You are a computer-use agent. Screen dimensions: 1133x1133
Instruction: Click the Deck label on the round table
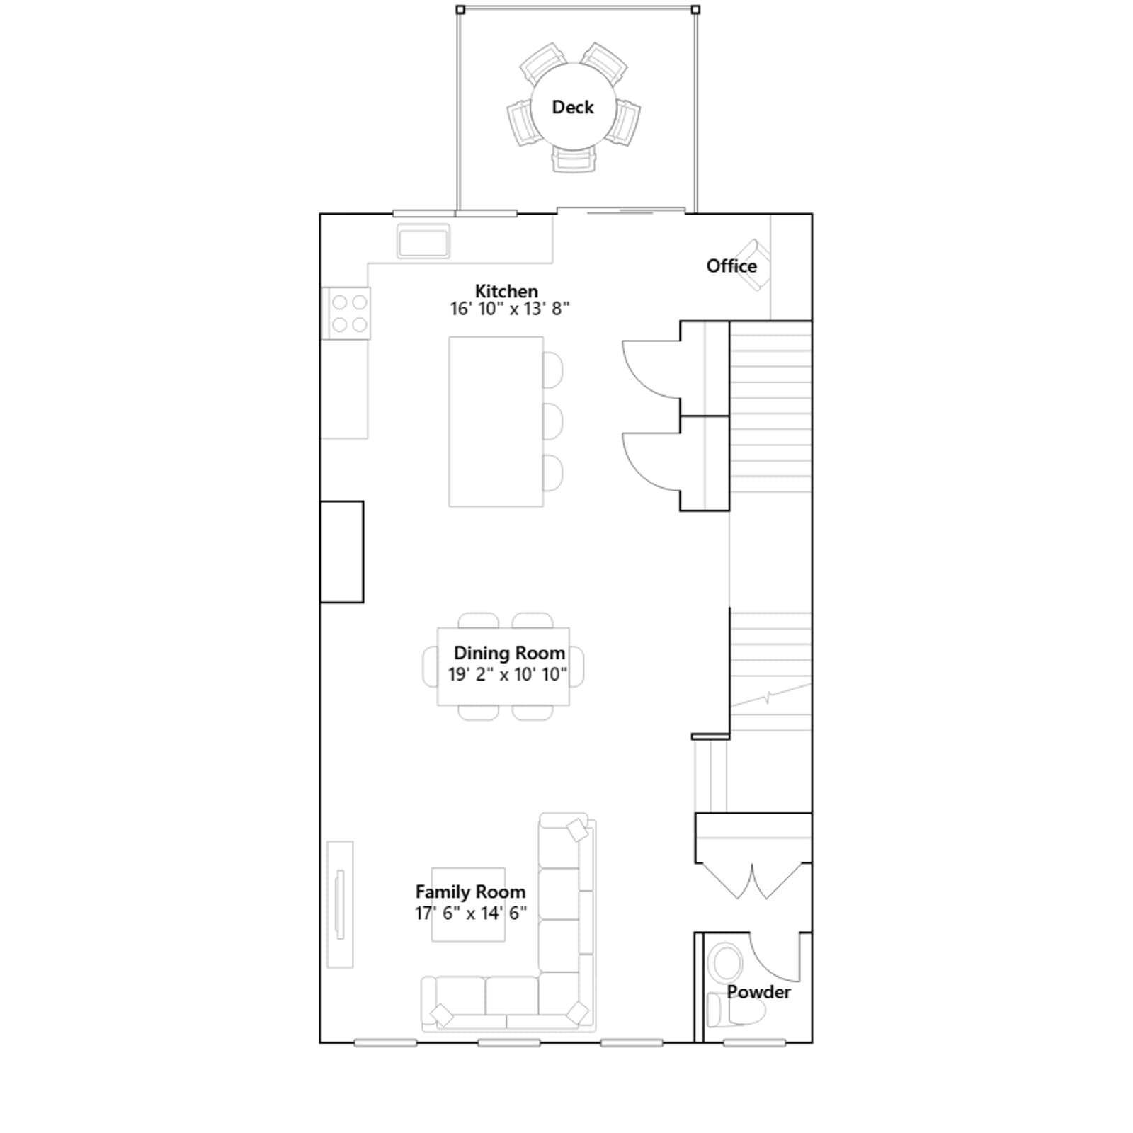pos(572,107)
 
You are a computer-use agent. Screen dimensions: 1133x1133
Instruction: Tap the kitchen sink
pos(423,241)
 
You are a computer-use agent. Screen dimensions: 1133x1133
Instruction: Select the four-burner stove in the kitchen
pos(346,313)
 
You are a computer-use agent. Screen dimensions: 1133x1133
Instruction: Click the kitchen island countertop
pos(496,421)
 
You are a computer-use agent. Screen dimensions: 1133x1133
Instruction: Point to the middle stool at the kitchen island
pos(553,422)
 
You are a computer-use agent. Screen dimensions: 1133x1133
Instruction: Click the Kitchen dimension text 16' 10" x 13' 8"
pos(510,309)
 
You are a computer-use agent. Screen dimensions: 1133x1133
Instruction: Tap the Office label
pos(731,266)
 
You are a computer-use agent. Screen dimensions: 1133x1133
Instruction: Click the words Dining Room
pos(509,653)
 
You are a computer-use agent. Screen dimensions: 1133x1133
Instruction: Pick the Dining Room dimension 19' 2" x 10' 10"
pos(508,674)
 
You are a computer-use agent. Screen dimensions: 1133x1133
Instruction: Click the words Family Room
pos(470,892)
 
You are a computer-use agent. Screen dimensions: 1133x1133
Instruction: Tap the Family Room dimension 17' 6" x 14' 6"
pos(471,913)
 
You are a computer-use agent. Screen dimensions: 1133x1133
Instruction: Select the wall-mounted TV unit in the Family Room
pos(340,904)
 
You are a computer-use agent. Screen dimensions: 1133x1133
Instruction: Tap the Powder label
pos(758,992)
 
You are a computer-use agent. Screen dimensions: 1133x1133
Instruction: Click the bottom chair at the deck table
pos(574,160)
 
